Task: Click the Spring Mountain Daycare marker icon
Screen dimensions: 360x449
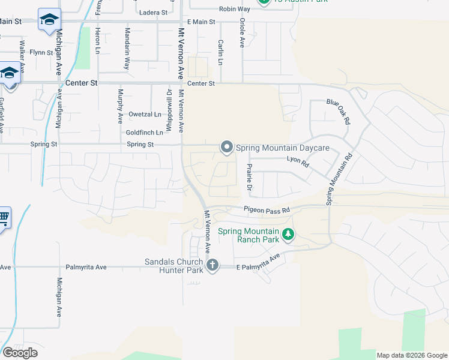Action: click(226, 147)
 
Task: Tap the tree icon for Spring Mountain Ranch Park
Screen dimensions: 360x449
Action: click(289, 235)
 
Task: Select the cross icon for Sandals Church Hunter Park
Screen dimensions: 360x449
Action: click(211, 265)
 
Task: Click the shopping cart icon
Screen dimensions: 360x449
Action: click(4, 217)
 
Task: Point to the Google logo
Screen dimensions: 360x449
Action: click(20, 353)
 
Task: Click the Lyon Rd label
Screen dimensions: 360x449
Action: click(297, 161)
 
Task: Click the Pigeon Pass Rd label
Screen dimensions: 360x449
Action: click(267, 209)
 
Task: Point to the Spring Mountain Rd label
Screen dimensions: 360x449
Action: click(338, 180)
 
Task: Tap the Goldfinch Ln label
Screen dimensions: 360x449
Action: click(145, 133)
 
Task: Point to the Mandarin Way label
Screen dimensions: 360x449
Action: click(127, 49)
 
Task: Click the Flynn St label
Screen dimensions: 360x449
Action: click(42, 53)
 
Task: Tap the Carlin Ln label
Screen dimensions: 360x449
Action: click(221, 53)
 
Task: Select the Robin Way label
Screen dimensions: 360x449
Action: click(235, 9)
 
